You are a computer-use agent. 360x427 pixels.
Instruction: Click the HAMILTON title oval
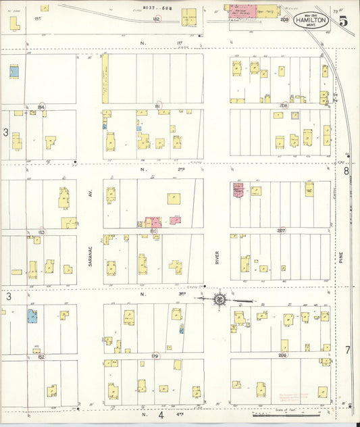pyautogui.click(x=311, y=20)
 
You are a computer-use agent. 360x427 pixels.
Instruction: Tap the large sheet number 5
pyautogui.click(x=344, y=20)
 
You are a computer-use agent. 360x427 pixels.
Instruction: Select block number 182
pyautogui.click(x=156, y=20)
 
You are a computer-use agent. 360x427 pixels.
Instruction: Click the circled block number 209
pyautogui.click(x=284, y=20)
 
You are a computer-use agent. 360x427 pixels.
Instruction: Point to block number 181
pyautogui.click(x=156, y=106)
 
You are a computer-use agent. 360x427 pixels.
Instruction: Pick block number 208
pyautogui.click(x=284, y=106)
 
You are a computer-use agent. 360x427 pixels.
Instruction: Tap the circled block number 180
pyautogui.click(x=153, y=230)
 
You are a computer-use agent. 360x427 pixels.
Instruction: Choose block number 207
pyautogui.click(x=281, y=230)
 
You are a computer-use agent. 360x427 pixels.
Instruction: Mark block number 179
pyautogui.click(x=155, y=355)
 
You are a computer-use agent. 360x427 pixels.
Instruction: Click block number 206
pyautogui.click(x=282, y=355)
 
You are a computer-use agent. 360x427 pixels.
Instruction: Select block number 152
pyautogui.click(x=41, y=356)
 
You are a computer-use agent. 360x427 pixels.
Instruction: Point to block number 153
pyautogui.click(x=41, y=232)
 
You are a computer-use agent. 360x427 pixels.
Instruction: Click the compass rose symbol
pyautogui.click(x=220, y=299)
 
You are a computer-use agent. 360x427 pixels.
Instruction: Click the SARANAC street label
pyautogui.click(x=89, y=256)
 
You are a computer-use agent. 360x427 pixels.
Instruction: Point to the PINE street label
pyautogui.click(x=342, y=257)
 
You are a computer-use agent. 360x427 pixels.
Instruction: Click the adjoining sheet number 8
pyautogui.click(x=346, y=171)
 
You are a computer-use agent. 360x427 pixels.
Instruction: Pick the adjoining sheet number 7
pyautogui.click(x=347, y=349)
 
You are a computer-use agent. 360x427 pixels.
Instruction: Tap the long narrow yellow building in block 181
pyautogui.click(x=105, y=79)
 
